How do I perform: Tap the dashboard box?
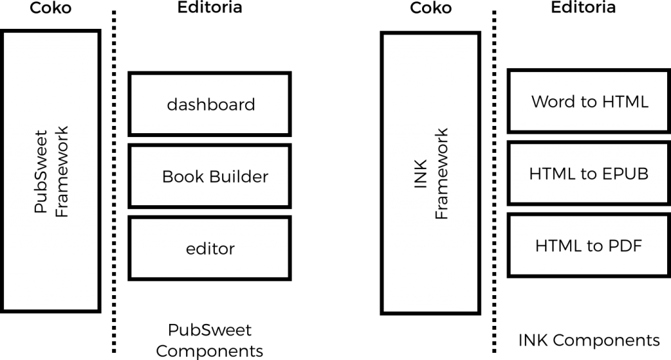click(x=210, y=104)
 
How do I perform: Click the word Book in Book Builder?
click(x=179, y=176)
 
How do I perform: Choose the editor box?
click(x=210, y=249)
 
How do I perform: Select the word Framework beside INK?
click(x=442, y=173)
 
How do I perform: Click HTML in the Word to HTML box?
click(x=623, y=102)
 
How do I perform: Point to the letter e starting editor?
click(x=190, y=249)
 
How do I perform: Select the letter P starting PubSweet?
click(x=41, y=208)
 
